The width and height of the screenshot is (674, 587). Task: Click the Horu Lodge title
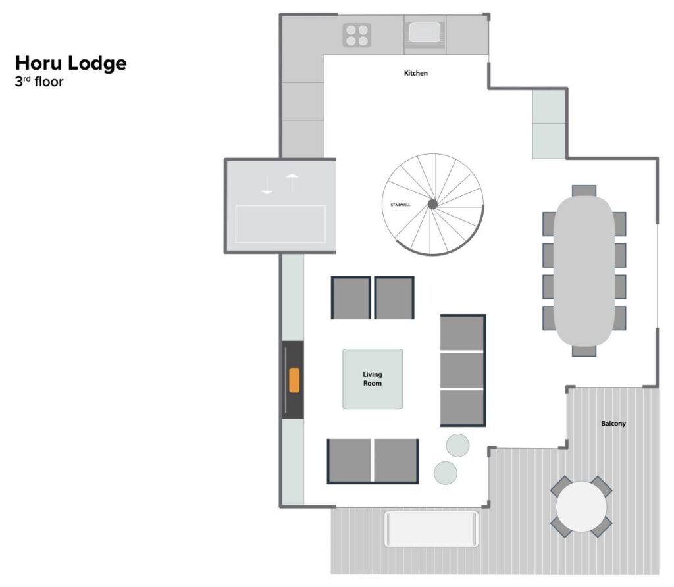[71, 64]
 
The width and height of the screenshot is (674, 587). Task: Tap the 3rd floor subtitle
[39, 82]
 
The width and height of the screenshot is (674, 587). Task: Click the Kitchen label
[416, 73]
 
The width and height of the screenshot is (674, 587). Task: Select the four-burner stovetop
[357, 36]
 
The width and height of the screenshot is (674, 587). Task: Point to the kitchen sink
[425, 33]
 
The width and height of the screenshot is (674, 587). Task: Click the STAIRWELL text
[400, 205]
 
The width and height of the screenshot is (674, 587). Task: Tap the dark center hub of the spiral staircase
[432, 204]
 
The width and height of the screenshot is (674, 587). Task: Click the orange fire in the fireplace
[294, 380]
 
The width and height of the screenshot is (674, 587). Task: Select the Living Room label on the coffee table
[373, 379]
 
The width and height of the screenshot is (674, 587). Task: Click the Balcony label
[613, 424]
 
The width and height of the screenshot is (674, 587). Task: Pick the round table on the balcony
[581, 506]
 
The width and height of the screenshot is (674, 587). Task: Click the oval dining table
[584, 270]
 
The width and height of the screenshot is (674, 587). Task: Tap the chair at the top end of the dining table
[584, 191]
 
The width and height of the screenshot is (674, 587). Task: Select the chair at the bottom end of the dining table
[584, 351]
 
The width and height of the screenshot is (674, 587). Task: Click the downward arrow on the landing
[267, 185]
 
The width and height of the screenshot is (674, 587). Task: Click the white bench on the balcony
[431, 528]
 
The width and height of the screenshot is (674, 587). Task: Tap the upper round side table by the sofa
[457, 446]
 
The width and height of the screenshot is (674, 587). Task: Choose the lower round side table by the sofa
[446, 472]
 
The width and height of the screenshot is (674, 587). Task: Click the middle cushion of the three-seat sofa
[462, 370]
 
